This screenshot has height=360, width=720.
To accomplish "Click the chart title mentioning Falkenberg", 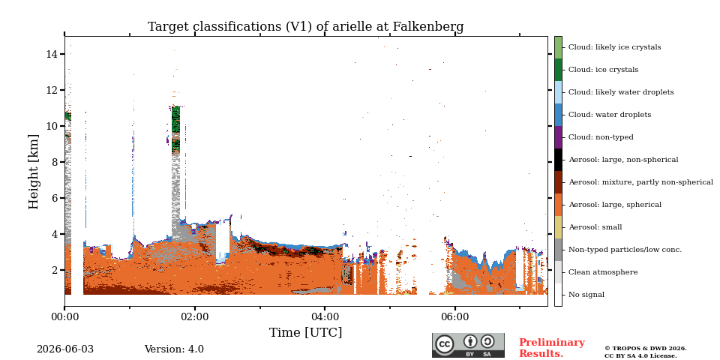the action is click(x=305, y=27).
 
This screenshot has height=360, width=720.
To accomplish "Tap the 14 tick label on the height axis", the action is click(x=52, y=54).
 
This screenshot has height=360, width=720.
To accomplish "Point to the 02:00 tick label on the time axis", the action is click(x=195, y=316).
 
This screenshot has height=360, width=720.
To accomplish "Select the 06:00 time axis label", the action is click(x=455, y=316).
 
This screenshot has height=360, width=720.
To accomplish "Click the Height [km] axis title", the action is click(x=34, y=172).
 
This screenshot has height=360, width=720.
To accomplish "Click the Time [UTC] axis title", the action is click(x=305, y=332).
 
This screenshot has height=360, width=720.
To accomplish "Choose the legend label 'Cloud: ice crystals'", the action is click(x=603, y=70).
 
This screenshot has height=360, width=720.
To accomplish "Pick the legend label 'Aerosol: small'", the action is click(x=595, y=227).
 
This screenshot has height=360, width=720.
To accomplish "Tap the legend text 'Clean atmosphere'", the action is click(x=603, y=272).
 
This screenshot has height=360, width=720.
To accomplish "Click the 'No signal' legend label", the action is click(x=586, y=295).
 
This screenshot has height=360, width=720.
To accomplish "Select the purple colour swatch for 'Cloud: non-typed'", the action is click(x=558, y=137).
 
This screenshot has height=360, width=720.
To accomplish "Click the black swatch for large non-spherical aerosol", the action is click(x=558, y=160).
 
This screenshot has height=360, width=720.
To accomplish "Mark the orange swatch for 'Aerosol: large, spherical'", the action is click(x=558, y=205).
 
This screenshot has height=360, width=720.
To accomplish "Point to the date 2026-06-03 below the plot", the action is click(x=65, y=349).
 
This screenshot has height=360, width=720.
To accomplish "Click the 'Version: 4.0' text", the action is click(x=174, y=349).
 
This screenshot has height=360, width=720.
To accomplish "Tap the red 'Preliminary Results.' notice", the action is click(x=552, y=348).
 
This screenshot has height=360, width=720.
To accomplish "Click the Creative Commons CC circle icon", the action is click(x=445, y=344).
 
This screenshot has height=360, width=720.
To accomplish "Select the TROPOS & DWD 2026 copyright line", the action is click(x=646, y=349).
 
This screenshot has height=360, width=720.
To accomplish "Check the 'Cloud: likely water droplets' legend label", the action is click(x=621, y=92).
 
